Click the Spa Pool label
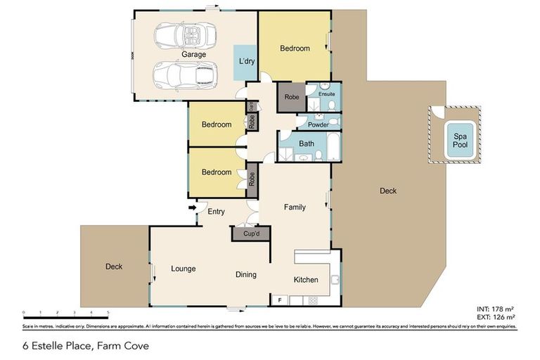pyautogui.click(x=459, y=139)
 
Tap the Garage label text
pyautogui.click(x=193, y=54)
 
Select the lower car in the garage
pyautogui.click(x=184, y=74)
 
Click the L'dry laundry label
pyautogui.click(x=246, y=62)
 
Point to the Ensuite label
pyautogui.click(x=326, y=93)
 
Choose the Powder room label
pyautogui.click(x=314, y=124)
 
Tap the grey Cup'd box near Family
pyautogui.click(x=252, y=233)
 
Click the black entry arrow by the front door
pyautogui.click(x=192, y=207)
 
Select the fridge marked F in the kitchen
pyautogui.click(x=280, y=301)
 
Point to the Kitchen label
pyautogui.click(x=306, y=280)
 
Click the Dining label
pyautogui.click(x=245, y=275)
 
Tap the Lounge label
pyautogui.click(x=183, y=269)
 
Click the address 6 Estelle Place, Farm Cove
pyautogui.click(x=77, y=345)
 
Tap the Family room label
pyautogui.click(x=294, y=207)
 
